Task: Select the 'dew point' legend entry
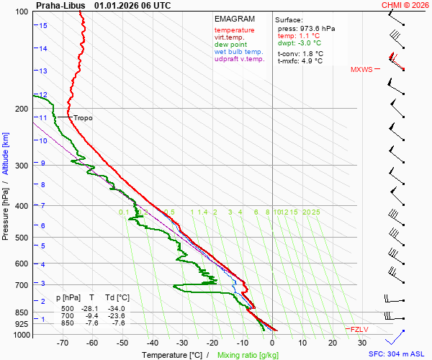pos(230,45)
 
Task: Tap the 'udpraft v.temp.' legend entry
pos(240,59)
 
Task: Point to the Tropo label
pos(83,118)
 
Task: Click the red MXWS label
pos(361,70)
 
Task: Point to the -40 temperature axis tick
pos(153,342)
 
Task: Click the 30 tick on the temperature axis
pos(362,342)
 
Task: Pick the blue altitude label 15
pos(44,26)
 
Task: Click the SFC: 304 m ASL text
pos(398,354)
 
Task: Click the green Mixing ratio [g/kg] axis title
pos(248,355)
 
